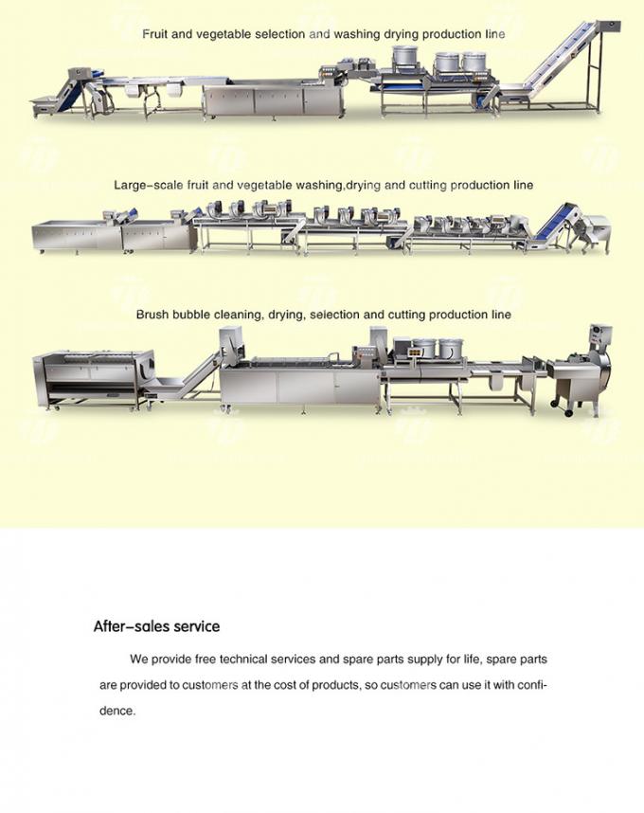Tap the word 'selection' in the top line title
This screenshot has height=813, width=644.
pos(272,34)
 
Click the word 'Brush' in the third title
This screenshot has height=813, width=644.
pos(152,314)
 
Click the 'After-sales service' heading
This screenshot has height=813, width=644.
pos(156,626)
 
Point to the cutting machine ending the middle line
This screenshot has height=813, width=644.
pos(596,231)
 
